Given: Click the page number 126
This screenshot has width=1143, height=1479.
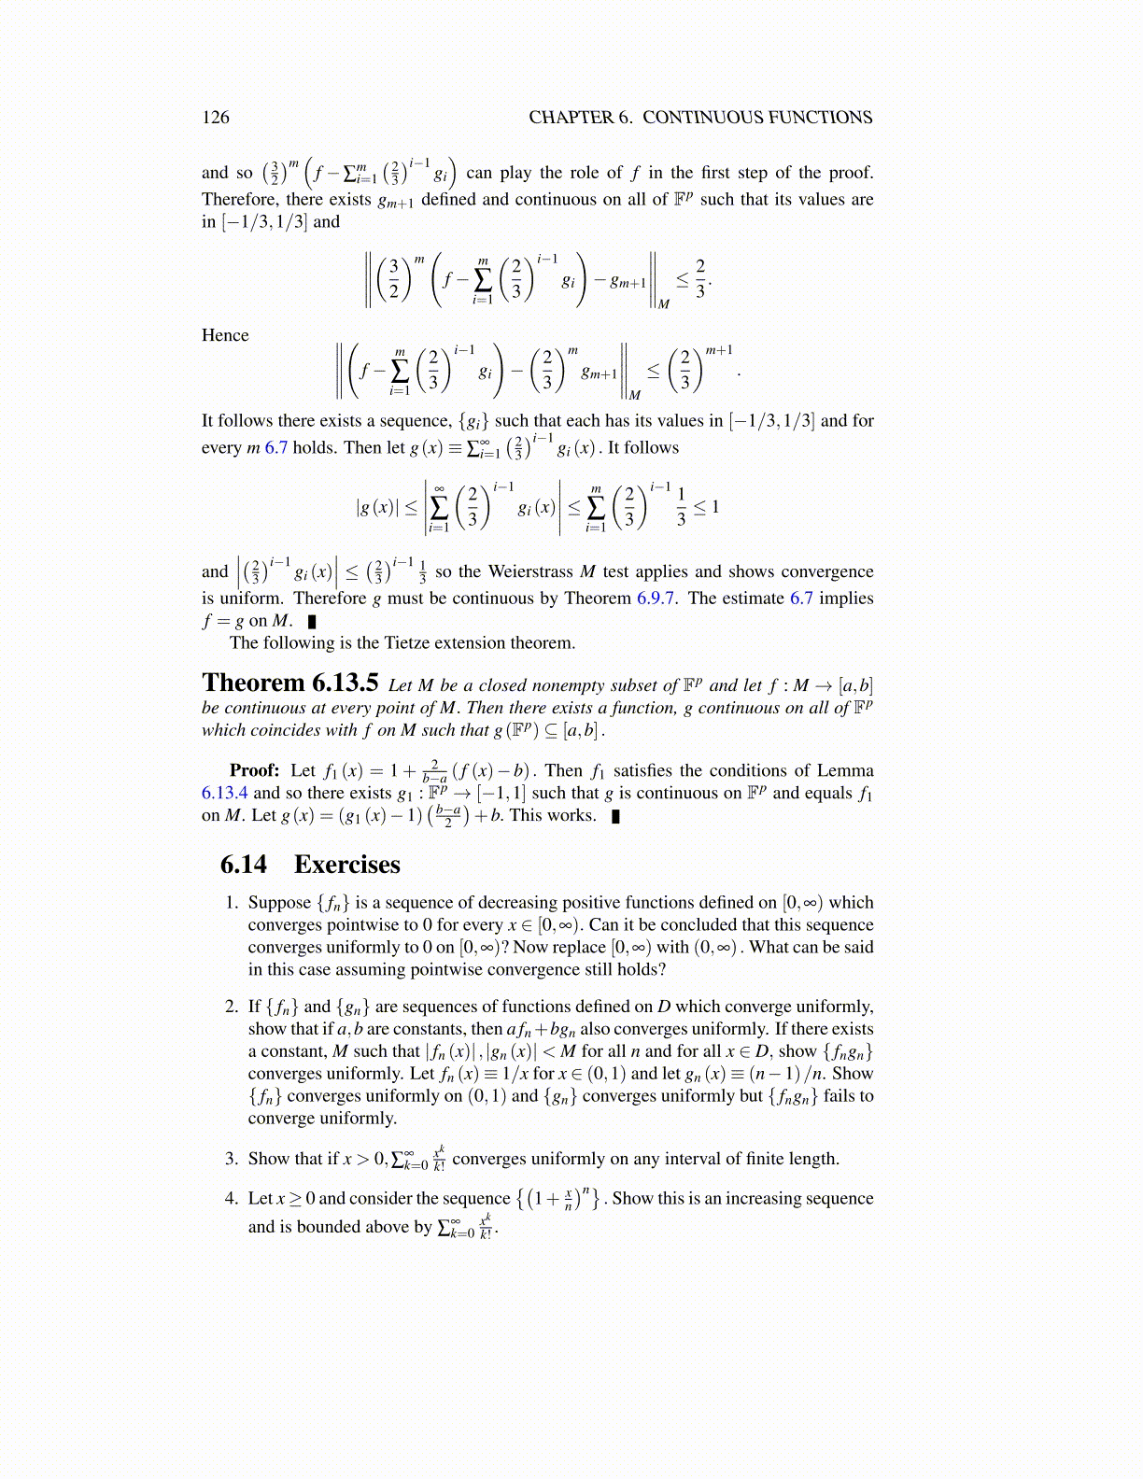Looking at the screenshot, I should click(215, 117).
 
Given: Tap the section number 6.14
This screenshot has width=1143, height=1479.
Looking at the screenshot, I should click(243, 864).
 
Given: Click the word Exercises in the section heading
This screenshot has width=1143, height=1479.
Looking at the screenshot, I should click(346, 864).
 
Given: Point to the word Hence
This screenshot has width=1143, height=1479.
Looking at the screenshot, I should click(225, 335).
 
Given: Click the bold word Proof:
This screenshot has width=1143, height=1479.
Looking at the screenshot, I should click(254, 770).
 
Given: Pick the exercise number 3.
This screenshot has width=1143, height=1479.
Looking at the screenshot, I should click(232, 1159).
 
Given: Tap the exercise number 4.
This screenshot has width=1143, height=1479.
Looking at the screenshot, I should click(232, 1198).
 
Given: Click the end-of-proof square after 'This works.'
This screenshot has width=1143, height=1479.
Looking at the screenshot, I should click(614, 816).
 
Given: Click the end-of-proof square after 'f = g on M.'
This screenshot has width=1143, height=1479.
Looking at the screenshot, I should click(312, 621).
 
